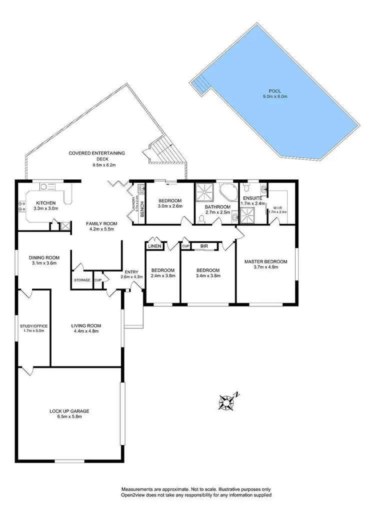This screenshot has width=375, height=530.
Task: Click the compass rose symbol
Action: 228,400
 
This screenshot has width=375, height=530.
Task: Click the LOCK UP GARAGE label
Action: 69,411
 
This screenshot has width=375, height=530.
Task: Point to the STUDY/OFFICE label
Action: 33,327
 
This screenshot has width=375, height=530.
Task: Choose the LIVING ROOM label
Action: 86,325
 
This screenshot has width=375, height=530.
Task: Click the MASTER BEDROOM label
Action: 265,261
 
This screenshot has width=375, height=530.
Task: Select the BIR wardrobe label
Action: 203,246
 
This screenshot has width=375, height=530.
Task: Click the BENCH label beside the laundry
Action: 142,206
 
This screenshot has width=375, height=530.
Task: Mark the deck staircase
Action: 162,149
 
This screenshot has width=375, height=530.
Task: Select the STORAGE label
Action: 82,280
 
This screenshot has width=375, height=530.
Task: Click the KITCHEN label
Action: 45,203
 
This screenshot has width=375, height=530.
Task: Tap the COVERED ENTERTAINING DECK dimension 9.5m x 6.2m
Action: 96,164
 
